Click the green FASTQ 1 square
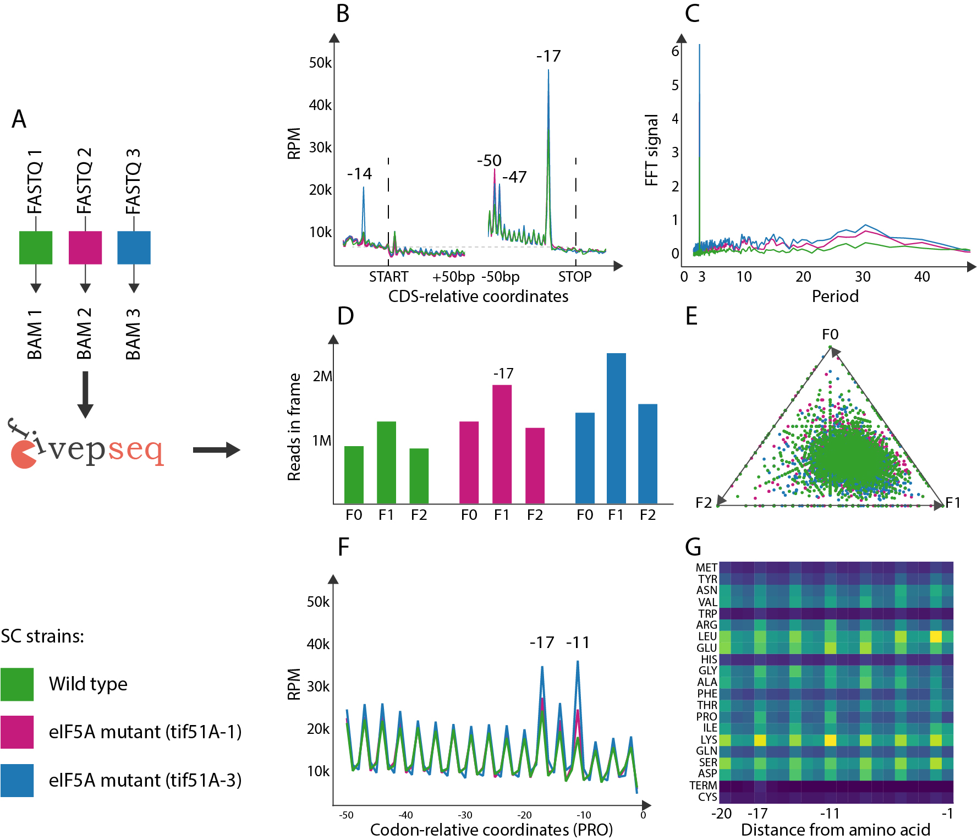tap(36, 248)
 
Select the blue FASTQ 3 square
tap(134, 248)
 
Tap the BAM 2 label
tap(84, 334)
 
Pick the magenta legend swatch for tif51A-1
tap(17, 732)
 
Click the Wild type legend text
tap(88, 684)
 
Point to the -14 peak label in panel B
tap(359, 174)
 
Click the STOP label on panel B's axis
tap(575, 277)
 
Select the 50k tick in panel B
tap(320, 63)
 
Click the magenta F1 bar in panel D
tap(502, 444)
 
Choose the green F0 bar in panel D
tap(354, 475)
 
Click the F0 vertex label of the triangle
tap(830, 334)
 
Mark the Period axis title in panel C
tap(835, 297)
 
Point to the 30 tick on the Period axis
tap(863, 277)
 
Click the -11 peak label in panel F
tap(578, 643)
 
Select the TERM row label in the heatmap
tap(703, 786)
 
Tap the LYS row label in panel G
tap(709, 740)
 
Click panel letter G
tap(693, 547)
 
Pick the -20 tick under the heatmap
tap(721, 814)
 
